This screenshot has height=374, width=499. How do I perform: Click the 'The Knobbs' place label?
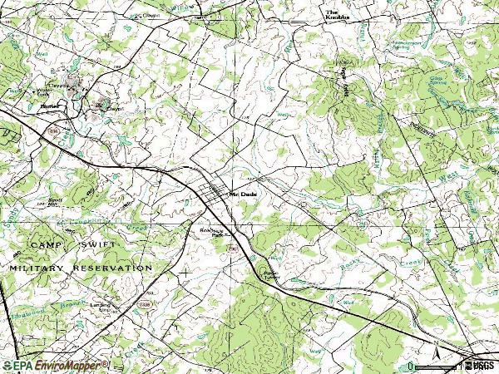334,14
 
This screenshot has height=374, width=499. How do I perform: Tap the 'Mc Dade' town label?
241,194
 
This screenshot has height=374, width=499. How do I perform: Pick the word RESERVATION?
116,268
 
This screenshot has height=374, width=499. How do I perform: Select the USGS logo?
480,365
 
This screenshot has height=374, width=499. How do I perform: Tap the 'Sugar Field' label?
343,80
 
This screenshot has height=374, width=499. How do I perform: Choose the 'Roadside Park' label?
213,233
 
